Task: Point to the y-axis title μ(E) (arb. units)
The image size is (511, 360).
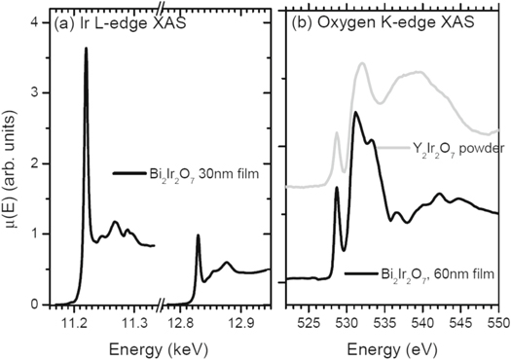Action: [x=13, y=162]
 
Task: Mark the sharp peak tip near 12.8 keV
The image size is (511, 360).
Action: [x=198, y=235]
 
